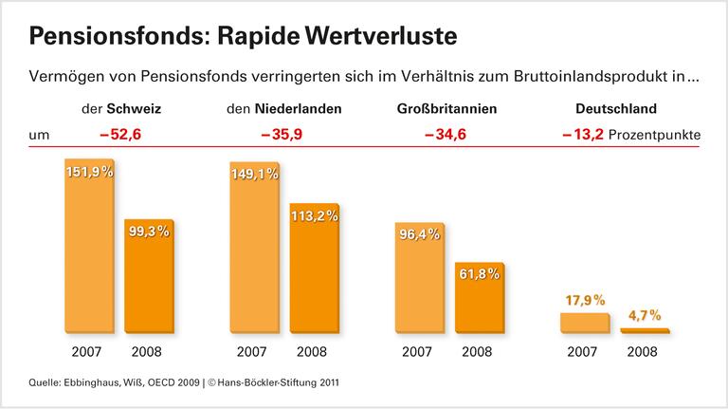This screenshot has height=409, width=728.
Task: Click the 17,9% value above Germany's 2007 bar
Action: tap(584, 300)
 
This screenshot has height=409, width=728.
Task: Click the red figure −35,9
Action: tap(283, 135)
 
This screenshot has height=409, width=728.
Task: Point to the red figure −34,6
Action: tap(446, 135)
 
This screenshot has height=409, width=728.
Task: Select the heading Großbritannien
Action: tap(446, 109)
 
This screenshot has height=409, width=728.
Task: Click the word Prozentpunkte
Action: tap(655, 135)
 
